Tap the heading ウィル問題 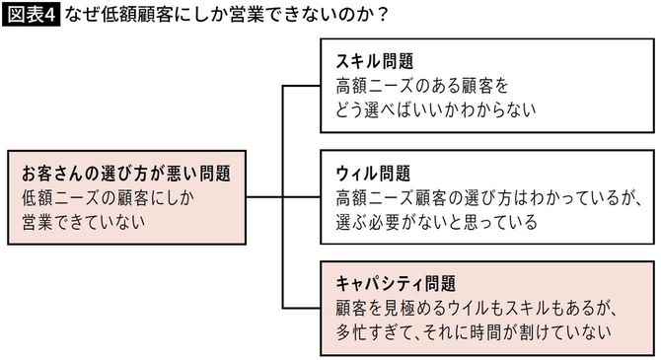pos(373,174)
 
